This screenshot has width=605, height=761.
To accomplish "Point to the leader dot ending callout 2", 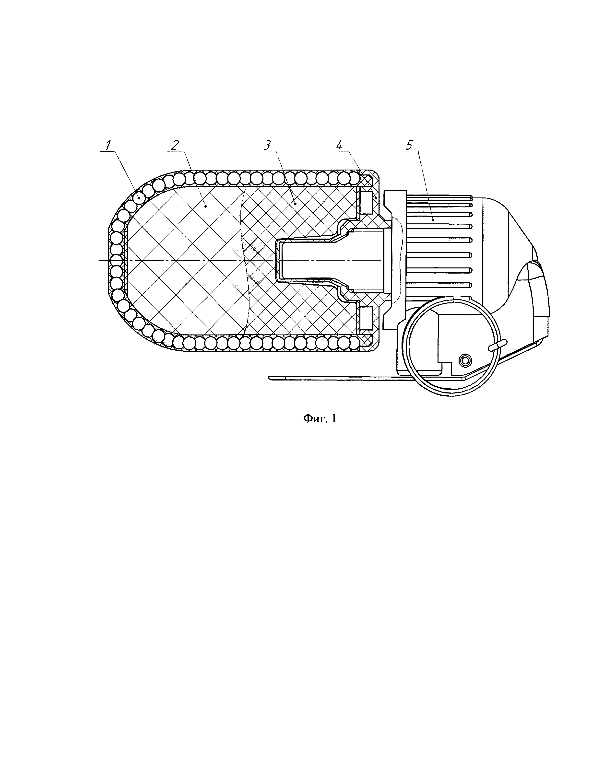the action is point(206,206).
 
